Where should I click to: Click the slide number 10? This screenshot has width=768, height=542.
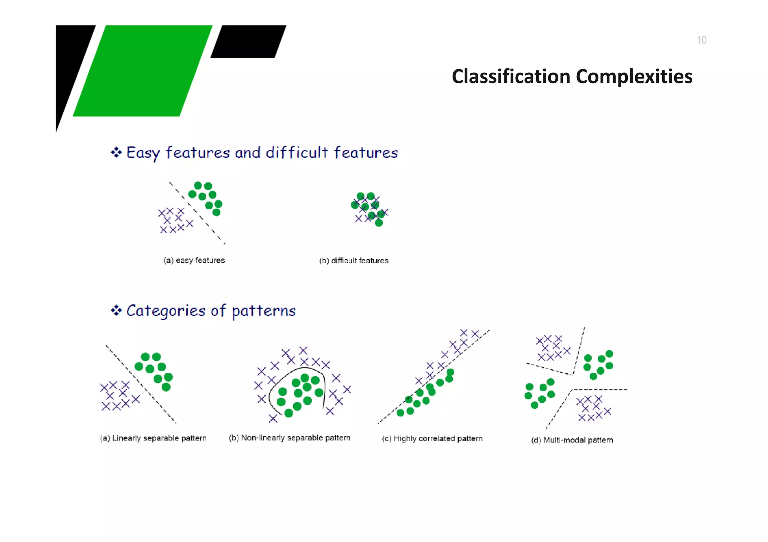(x=701, y=40)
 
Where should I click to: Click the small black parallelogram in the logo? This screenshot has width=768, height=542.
(x=248, y=41)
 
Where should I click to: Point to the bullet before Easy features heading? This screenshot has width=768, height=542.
(x=116, y=152)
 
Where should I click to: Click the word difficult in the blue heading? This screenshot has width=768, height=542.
(x=297, y=153)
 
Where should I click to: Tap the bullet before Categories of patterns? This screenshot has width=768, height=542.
(x=116, y=311)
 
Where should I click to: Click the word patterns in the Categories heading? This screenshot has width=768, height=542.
(x=264, y=311)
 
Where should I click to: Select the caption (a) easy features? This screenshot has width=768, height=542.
(x=194, y=260)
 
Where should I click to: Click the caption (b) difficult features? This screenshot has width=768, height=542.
(x=354, y=261)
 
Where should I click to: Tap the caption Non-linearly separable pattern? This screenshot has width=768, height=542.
(x=289, y=438)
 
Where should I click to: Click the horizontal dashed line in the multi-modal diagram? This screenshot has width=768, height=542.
(x=600, y=390)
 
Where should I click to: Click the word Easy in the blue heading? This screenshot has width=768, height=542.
(x=143, y=153)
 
